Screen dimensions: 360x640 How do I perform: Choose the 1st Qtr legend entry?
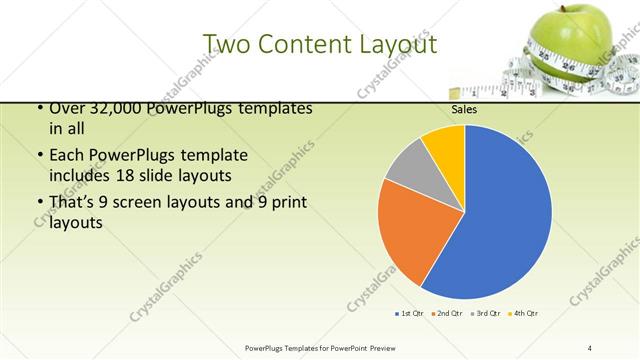pos(410,314)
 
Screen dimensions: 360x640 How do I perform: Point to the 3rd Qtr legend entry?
pos(488,314)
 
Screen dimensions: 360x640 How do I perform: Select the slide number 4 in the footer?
pos(590,347)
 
